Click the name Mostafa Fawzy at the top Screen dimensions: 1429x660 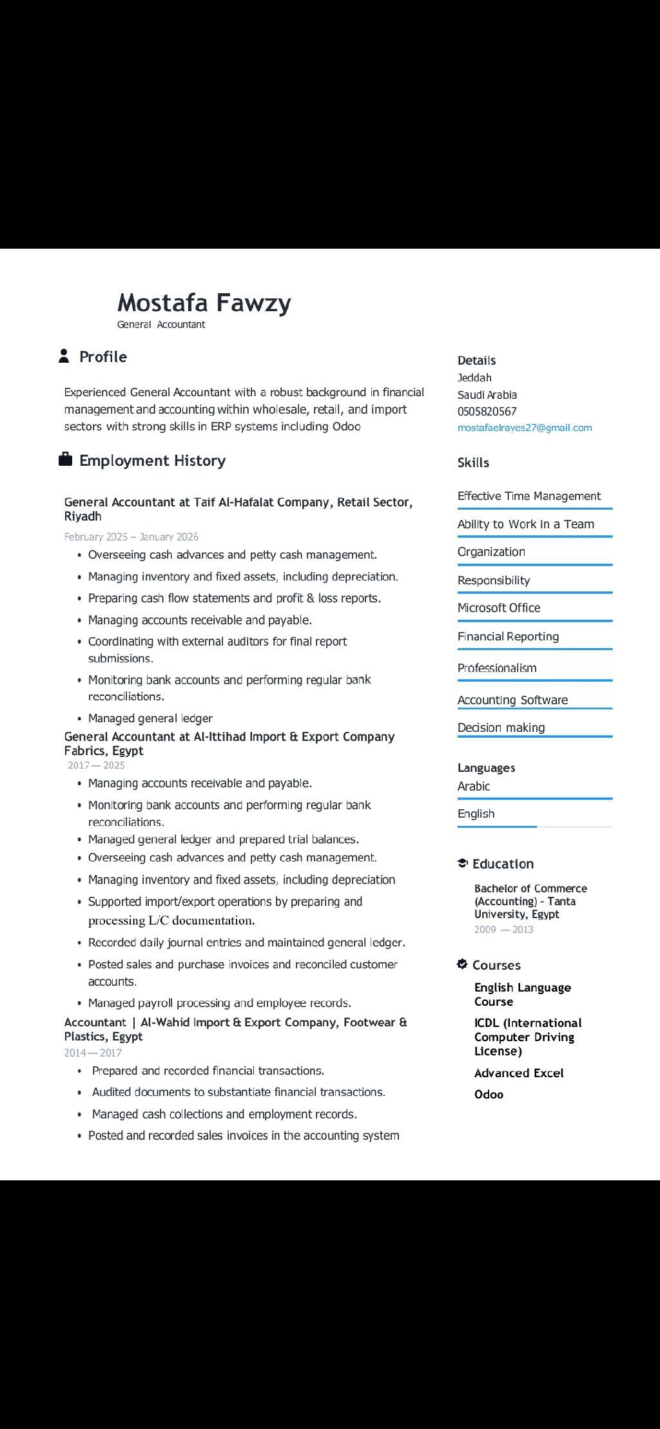[204, 303]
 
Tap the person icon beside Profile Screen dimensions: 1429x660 [64, 356]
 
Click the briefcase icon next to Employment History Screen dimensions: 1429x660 [65, 459]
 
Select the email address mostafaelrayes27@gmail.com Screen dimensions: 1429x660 [525, 428]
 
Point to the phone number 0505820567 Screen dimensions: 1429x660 [487, 412]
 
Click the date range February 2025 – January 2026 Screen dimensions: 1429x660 [131, 537]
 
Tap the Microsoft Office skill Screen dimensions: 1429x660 [499, 608]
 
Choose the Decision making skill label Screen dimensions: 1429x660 [501, 727]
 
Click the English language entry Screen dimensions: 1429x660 [476, 814]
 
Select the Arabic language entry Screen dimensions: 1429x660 [474, 786]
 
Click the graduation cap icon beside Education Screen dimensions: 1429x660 [462, 863]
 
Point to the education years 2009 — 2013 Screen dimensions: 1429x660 [503, 929]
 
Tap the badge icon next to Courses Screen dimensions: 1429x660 [462, 964]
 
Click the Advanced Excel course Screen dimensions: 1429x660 [519, 1073]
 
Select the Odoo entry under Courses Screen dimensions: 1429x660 [489, 1094]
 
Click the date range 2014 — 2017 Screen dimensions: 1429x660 [93, 1053]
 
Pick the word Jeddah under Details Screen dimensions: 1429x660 [474, 378]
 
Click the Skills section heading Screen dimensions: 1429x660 [473, 463]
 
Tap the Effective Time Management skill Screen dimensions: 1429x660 [529, 496]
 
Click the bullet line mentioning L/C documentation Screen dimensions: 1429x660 [171, 920]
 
